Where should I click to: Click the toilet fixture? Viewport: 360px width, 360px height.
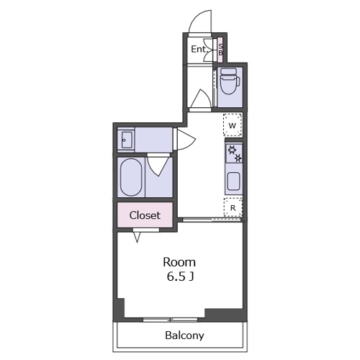click(230, 81)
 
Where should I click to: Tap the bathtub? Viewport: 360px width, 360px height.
click(131, 177)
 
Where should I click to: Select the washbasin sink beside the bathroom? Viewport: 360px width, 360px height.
click(126, 140)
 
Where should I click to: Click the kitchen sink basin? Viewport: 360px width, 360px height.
click(233, 181)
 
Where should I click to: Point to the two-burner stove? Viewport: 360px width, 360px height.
click(234, 153)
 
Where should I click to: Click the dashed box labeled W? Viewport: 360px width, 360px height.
click(233, 125)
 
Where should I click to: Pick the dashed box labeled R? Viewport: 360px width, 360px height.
click(233, 207)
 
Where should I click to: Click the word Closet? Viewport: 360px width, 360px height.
click(145, 215)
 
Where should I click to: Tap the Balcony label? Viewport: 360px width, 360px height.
click(184, 336)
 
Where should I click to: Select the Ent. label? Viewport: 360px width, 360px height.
click(199, 49)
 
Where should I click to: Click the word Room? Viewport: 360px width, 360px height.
click(179, 262)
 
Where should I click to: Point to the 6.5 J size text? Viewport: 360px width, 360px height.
click(180, 276)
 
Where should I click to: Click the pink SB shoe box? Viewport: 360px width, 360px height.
click(220, 50)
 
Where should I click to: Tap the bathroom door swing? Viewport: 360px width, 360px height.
click(158, 165)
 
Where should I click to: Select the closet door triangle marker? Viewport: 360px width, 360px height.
click(137, 237)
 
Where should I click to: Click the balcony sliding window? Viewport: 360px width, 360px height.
click(171, 320)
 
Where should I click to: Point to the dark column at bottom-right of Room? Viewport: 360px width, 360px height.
click(225, 314)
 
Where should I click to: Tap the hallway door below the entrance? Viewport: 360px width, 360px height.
click(201, 99)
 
